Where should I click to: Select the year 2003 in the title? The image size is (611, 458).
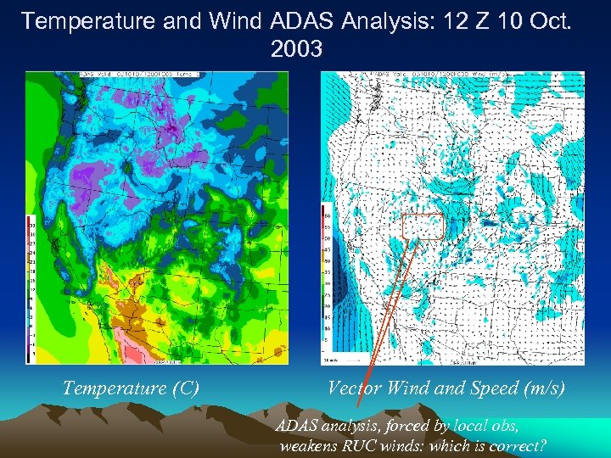297,49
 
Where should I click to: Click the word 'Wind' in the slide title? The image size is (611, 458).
234,21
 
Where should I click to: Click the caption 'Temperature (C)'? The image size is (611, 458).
132,388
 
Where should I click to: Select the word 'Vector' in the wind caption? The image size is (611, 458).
356,388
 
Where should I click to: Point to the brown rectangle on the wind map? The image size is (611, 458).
423,226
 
